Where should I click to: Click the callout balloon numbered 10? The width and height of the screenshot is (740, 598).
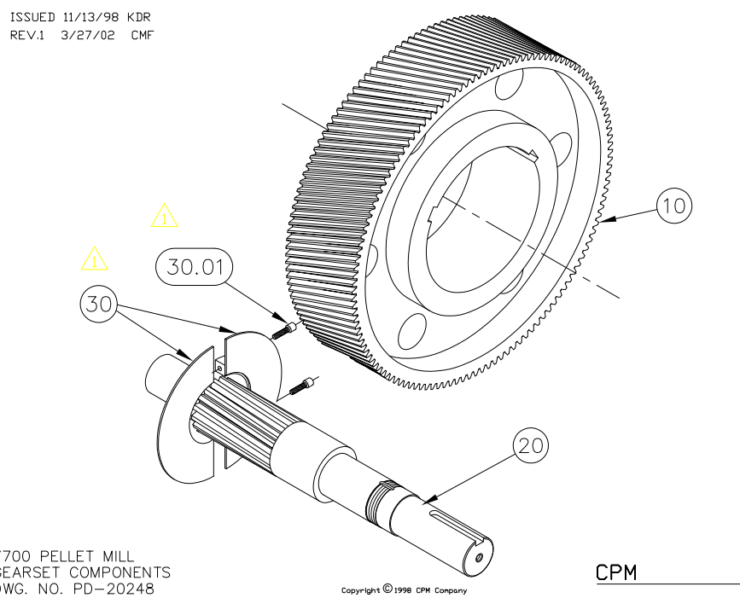coord(674,206)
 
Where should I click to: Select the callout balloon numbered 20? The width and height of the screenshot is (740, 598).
coord(530,446)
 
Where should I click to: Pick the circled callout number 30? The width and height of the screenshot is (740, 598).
coord(99,305)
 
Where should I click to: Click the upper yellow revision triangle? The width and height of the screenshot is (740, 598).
coord(164,216)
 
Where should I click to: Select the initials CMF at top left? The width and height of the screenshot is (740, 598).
coord(142,35)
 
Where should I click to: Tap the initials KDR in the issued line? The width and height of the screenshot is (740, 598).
coord(139,17)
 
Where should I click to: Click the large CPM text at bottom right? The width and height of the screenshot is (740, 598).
coord(616,572)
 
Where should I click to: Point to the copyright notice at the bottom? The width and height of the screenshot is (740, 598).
coord(404,589)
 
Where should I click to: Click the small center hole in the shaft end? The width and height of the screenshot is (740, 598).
coord(479,556)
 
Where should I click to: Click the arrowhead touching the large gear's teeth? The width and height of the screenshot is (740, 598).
coord(603,221)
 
